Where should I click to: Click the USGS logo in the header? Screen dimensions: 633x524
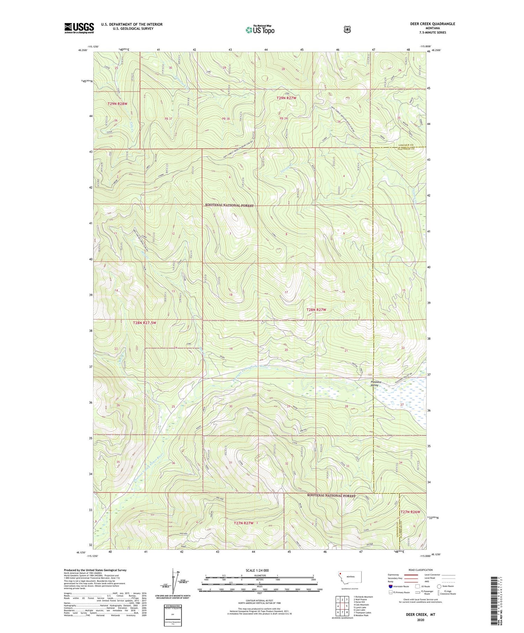click(79, 28)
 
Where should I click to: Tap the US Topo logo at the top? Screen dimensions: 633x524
click(260, 30)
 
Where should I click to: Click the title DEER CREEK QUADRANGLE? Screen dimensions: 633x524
click(432, 24)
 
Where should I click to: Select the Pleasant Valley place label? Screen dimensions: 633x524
click(376, 383)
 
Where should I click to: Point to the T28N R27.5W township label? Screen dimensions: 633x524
click(145, 323)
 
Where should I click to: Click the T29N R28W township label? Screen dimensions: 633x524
click(117, 104)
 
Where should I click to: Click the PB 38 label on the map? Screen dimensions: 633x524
click(226, 119)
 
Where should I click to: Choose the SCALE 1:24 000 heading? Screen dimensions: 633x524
click(257, 570)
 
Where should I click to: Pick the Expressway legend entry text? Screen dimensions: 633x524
click(394, 575)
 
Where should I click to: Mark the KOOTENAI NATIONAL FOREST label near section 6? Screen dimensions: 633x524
click(229, 205)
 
